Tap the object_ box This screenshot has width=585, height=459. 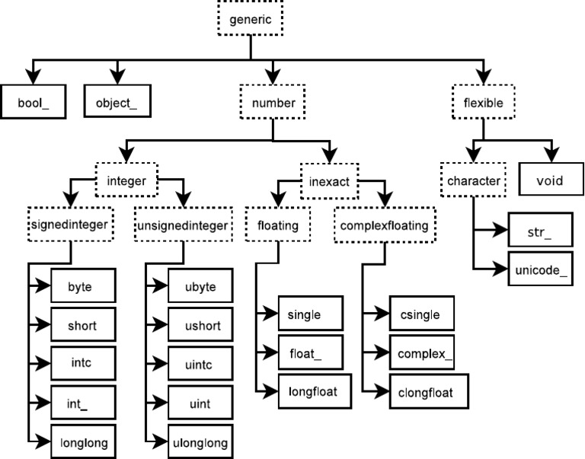[117, 101]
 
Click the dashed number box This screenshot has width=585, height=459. [272, 101]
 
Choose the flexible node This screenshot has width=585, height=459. [483, 101]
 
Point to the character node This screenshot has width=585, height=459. [472, 182]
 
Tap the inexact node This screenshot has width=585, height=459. [329, 182]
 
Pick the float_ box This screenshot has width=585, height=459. [309, 355]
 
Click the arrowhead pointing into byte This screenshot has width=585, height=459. [43, 286]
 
